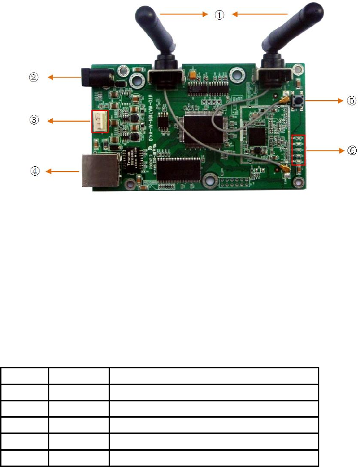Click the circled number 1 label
coord(219,15)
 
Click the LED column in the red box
coord(298,150)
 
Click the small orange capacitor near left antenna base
coord(192,75)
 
